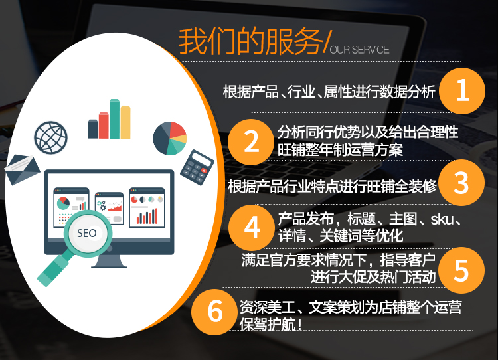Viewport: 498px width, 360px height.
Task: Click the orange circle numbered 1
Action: pos(462,91)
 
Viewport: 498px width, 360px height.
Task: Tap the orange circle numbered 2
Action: pos(251,142)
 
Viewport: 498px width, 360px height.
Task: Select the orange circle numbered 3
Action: pos(461,183)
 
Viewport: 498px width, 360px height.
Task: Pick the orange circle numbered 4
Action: pos(252,228)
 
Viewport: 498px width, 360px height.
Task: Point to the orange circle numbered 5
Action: pos(461,270)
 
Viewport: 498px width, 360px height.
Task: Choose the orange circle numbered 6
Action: pos(214,312)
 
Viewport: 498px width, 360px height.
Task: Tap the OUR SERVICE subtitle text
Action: pos(359,50)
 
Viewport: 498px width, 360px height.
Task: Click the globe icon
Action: pos(51,137)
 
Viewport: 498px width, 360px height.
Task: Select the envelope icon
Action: pos(22,169)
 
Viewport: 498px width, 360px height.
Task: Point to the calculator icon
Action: pos(197,167)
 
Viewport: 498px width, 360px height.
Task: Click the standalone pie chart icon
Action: pos(169,138)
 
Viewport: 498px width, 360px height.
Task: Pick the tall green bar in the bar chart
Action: pos(115,119)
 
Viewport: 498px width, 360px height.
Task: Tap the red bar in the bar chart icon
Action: pos(104,126)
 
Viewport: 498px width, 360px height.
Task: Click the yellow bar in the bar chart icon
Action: pos(125,122)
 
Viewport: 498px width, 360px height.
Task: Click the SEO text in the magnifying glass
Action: pos(87,233)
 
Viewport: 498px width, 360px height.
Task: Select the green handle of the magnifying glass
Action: pos(53,268)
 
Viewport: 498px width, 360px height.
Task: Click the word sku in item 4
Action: pos(442,219)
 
